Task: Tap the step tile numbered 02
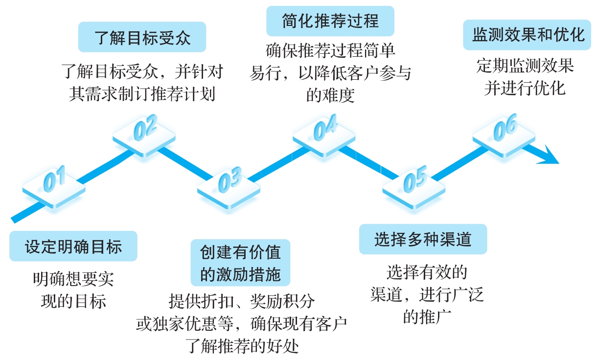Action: [x=144, y=128]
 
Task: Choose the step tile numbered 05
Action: [x=414, y=183]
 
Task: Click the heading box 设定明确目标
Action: [x=73, y=246]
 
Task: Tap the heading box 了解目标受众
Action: [x=142, y=37]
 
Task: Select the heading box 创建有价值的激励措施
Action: [x=240, y=263]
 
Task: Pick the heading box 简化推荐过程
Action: [x=330, y=21]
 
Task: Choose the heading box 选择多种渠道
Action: [x=423, y=239]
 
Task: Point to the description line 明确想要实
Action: [x=73, y=279]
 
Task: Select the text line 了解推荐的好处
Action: [x=243, y=347]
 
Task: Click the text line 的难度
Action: [x=330, y=95]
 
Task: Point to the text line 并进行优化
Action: [x=525, y=88]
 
